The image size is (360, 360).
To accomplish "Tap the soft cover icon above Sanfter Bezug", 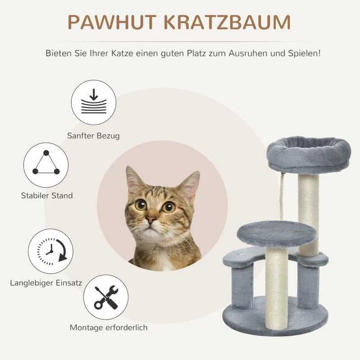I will pos(94,102).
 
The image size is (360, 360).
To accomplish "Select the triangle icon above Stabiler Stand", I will pos(46,164).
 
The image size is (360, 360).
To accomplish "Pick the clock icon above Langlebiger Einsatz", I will pos(50,251).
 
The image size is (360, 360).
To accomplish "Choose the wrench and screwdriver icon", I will pos(105,297).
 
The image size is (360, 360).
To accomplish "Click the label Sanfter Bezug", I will pos(94,136).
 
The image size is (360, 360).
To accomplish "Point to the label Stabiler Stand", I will pos(47,195).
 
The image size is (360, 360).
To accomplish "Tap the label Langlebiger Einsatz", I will pos(45,282).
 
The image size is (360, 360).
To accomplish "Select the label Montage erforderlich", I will pos(109,327).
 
